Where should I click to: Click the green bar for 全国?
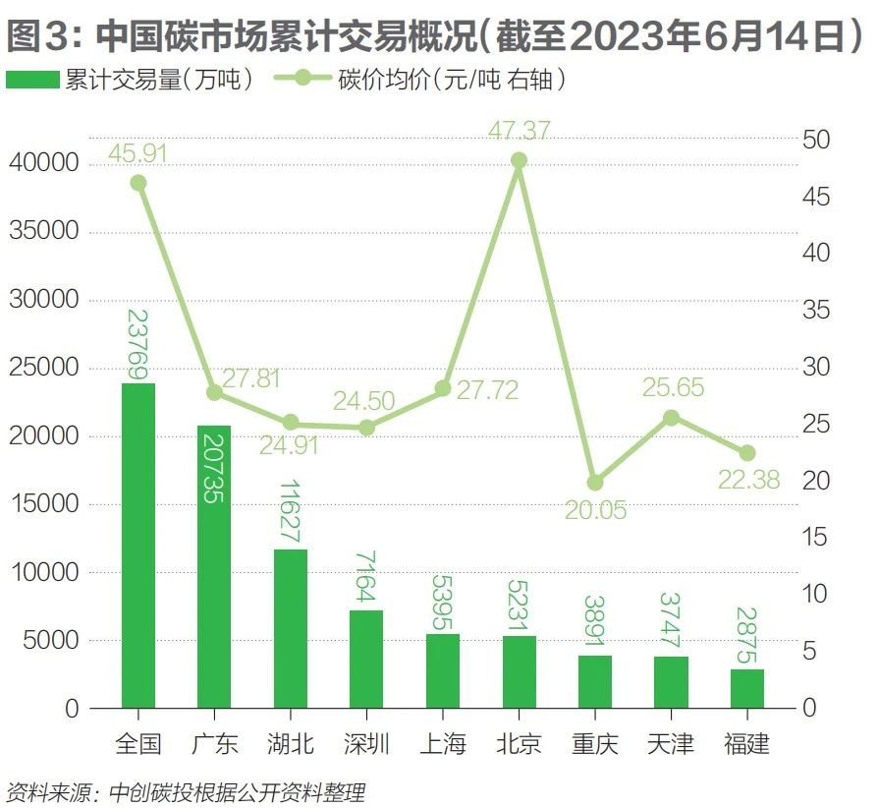click(138, 546)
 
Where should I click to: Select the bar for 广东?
click(214, 566)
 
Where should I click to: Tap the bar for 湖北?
click(290, 628)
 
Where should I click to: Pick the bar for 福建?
click(747, 688)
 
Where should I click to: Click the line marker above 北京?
click(520, 160)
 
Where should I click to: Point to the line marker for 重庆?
click(595, 483)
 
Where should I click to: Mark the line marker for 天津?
click(672, 418)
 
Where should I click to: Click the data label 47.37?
click(521, 130)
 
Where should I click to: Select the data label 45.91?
click(138, 153)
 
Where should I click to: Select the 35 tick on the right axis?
click(817, 311)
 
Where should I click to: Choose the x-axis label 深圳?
click(366, 743)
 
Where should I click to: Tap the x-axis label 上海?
click(443, 743)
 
